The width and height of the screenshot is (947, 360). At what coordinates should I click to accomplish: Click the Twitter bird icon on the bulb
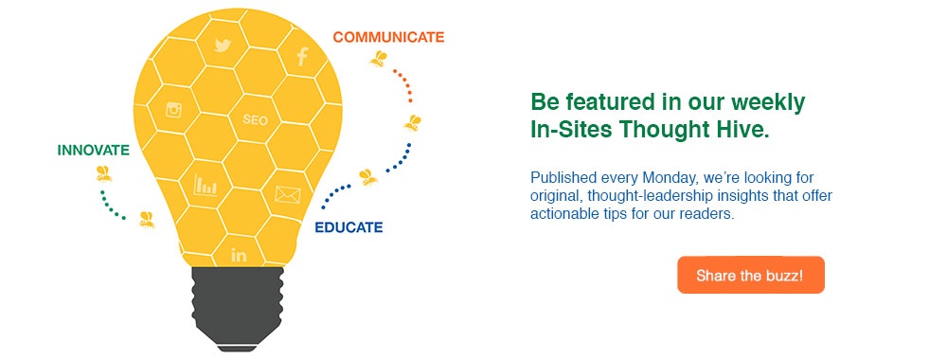[x=223, y=45]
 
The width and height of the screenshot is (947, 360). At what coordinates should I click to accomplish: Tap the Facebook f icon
[x=302, y=56]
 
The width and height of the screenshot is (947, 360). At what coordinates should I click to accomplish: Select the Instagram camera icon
[x=173, y=110]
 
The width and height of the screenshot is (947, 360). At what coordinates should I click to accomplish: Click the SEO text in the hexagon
[x=256, y=120]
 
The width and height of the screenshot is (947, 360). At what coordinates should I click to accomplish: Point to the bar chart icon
[x=205, y=185]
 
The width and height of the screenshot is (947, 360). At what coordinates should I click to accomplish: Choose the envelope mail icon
[x=287, y=195]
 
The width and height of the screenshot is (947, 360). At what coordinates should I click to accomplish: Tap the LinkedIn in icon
[x=239, y=255]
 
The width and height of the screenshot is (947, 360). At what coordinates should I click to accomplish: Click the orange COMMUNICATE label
[x=388, y=38]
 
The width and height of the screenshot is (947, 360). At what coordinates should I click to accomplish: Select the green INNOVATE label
[x=93, y=151]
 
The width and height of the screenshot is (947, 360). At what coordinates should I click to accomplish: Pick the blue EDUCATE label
[x=348, y=227]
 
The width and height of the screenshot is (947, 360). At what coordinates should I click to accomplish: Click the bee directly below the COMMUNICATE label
[x=379, y=60]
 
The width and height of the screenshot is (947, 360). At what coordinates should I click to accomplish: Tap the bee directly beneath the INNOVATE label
[x=103, y=173]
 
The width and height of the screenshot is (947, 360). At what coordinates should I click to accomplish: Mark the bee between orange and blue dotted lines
[x=412, y=122]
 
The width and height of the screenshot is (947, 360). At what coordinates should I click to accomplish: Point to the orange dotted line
[x=405, y=85]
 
